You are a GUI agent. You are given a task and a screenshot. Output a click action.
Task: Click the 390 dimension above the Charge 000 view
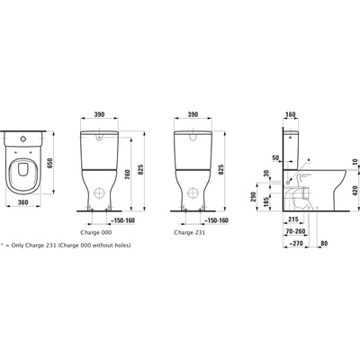click(x=101, y=116)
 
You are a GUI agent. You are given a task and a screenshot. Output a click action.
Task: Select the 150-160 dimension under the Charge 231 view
click(x=217, y=219)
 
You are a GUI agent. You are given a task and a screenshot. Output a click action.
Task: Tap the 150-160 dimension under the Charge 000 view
click(x=126, y=219)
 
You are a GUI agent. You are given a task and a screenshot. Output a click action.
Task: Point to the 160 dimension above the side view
click(x=291, y=116)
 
